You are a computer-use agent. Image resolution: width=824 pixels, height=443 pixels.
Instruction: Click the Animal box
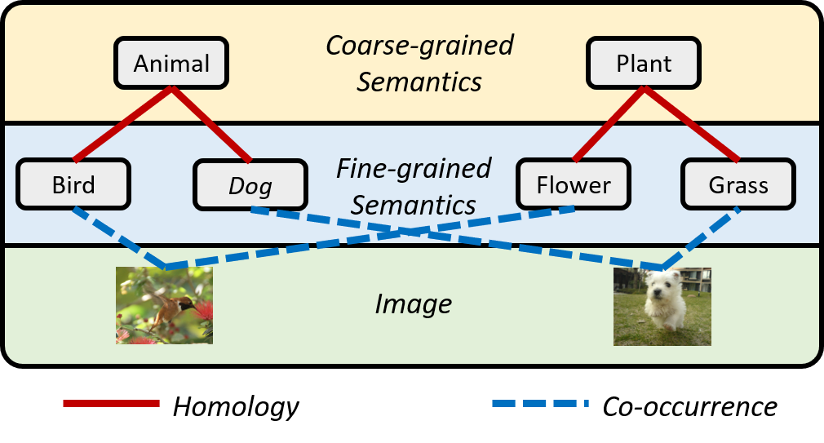tap(171, 64)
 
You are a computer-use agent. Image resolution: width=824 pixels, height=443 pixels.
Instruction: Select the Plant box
tap(644, 64)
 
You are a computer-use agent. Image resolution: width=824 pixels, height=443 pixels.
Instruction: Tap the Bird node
tap(73, 185)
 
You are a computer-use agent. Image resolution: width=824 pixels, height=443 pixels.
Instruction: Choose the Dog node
tap(250, 186)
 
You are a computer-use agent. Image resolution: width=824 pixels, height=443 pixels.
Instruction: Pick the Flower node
tap(574, 185)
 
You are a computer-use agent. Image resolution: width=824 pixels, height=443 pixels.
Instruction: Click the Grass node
tap(738, 185)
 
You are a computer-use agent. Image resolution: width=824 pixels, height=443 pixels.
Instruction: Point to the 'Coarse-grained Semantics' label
tap(419, 63)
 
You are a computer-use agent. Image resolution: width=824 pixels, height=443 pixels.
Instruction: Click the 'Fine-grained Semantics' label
tap(414, 186)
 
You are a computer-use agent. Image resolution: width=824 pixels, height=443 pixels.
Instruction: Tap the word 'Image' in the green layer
tap(413, 304)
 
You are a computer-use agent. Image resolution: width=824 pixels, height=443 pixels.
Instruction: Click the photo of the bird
tap(164, 305)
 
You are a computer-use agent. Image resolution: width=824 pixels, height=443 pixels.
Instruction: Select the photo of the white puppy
tap(662, 307)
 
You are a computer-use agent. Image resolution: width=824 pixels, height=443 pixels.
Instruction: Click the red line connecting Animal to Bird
tap(122, 123)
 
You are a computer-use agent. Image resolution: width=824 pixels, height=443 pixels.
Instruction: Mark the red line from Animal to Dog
tap(210, 122)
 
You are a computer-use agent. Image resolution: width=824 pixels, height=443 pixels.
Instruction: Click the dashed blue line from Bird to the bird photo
tap(118, 237)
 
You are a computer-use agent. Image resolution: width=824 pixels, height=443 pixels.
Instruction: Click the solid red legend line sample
tap(111, 403)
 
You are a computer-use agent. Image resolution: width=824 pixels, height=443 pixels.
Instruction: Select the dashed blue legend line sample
tap(539, 403)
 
